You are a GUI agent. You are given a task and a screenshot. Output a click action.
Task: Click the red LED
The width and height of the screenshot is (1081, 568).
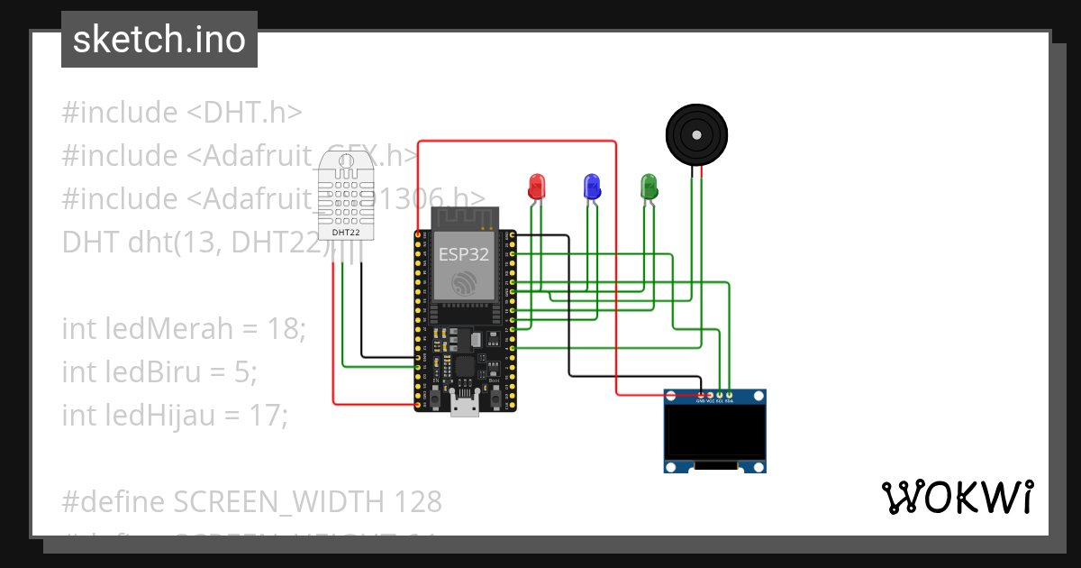click(536, 187)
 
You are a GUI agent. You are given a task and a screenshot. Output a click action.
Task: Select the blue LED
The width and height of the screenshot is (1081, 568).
click(592, 187)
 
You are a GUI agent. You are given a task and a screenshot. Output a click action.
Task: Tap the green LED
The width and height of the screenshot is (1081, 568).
click(649, 187)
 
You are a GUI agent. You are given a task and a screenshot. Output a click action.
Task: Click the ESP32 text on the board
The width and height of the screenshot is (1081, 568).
click(463, 254)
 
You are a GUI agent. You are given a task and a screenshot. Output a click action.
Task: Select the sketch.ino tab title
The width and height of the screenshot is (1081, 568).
click(159, 40)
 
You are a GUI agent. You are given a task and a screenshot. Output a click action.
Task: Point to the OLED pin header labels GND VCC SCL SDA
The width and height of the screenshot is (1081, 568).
click(714, 401)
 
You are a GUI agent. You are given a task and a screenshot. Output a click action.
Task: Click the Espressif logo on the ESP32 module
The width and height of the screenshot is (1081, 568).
click(463, 283)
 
